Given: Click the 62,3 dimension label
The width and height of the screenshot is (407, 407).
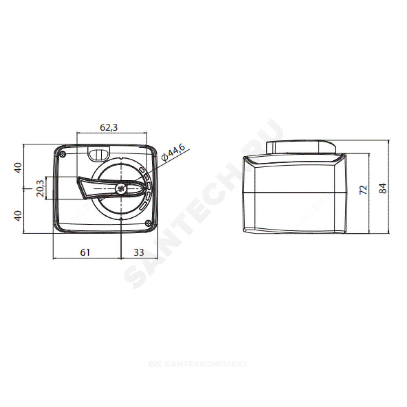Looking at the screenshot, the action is (x=109, y=127).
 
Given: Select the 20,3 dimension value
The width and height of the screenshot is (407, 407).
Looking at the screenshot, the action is (x=40, y=188).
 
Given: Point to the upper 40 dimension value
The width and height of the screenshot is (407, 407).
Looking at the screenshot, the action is (x=18, y=168).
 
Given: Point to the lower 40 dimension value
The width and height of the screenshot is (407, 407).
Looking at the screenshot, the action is (x=18, y=216).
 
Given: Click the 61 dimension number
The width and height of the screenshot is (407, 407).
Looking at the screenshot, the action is (x=85, y=252).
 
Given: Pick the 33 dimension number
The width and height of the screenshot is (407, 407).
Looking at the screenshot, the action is (x=139, y=252).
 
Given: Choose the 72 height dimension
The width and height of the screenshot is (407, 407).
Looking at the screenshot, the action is (x=363, y=190).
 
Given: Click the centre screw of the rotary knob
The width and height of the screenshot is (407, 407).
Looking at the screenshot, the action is (x=121, y=189).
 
